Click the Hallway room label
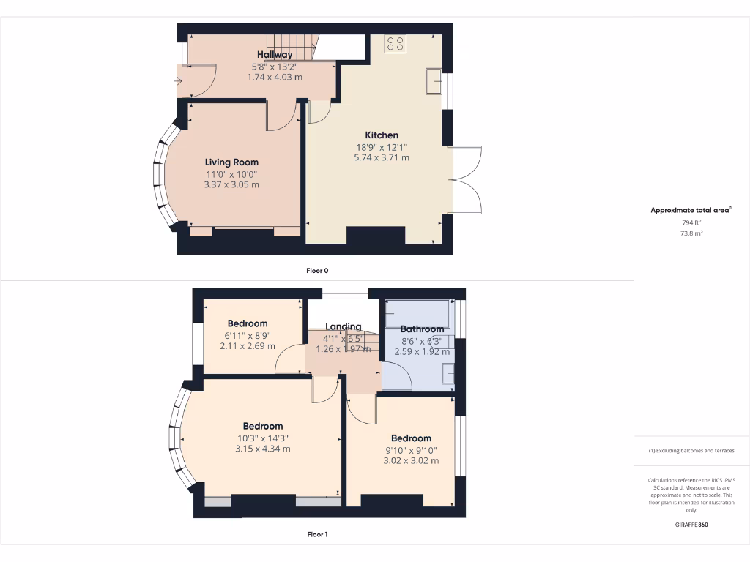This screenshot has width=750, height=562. (x=275, y=55)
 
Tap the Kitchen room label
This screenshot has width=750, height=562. (x=382, y=135)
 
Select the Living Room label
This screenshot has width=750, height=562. (x=231, y=162)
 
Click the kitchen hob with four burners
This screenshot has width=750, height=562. (x=396, y=44)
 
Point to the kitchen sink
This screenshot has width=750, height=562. (x=432, y=81)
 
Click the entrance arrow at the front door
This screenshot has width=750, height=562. (x=178, y=81)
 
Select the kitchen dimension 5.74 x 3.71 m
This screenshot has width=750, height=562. (x=382, y=157)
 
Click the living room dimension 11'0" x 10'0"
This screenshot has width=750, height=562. (x=231, y=174)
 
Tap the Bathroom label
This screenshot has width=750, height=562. (x=422, y=329)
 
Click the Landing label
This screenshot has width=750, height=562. (x=344, y=326)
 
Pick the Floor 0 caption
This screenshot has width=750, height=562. (x=317, y=271)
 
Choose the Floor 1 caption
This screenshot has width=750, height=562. (x=317, y=535)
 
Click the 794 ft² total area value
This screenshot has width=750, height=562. (x=691, y=222)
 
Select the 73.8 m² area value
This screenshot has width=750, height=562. (x=691, y=233)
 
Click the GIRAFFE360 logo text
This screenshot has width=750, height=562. (x=691, y=525)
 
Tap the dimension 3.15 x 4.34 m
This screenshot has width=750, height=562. (x=262, y=449)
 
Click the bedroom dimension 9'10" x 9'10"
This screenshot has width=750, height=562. (x=411, y=450)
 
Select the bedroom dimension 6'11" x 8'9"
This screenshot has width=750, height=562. (x=248, y=335)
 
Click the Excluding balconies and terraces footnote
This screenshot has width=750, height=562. (x=691, y=451)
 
